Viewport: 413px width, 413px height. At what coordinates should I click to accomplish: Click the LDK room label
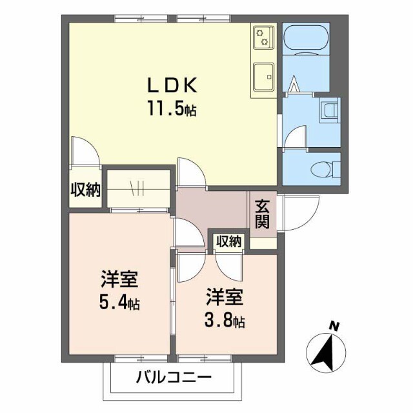pyautogui.click(x=172, y=85)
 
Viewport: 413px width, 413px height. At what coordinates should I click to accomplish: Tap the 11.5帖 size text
pyautogui.click(x=172, y=108)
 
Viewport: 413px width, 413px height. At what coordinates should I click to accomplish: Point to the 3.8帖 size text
pyautogui.click(x=225, y=321)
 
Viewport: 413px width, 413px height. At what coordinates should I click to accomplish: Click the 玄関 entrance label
pyautogui.click(x=263, y=214)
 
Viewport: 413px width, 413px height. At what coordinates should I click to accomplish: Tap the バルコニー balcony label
pyautogui.click(x=174, y=378)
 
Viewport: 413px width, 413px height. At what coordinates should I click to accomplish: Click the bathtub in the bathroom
pyautogui.click(x=306, y=40)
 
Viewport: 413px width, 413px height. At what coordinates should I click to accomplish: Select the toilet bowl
pyautogui.click(x=323, y=168)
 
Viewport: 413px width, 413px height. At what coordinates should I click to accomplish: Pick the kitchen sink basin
pyautogui.click(x=263, y=77)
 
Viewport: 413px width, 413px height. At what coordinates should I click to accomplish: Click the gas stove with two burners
pyautogui.click(x=263, y=37)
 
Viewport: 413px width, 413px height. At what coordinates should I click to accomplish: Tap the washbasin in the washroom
pyautogui.click(x=330, y=110)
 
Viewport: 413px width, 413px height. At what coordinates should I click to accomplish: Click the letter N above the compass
pyautogui.click(x=334, y=327)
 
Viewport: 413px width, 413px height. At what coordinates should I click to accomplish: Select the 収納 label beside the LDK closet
pyautogui.click(x=85, y=190)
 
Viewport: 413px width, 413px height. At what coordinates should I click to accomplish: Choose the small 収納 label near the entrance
pyautogui.click(x=228, y=241)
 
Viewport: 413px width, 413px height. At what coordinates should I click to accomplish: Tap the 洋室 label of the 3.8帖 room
pyautogui.click(x=225, y=297)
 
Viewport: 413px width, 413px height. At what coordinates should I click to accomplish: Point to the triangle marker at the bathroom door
pyautogui.click(x=294, y=83)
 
